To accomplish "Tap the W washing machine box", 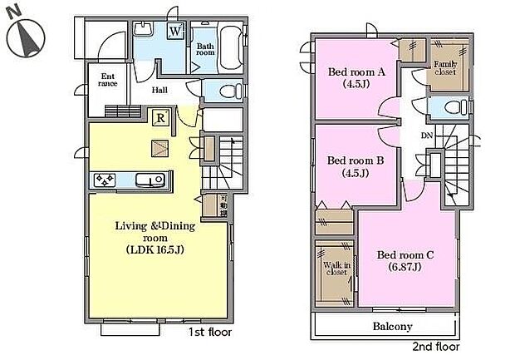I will click(176, 32).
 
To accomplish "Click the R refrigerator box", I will click(160, 118).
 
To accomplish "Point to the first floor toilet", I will click(229, 91).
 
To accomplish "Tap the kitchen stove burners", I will click(106, 180).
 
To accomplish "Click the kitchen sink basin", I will click(153, 180).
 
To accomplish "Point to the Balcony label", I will click(392, 327).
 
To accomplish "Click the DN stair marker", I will click(427, 136).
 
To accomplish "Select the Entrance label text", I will click(106, 79).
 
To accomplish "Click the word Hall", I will click(161, 91).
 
